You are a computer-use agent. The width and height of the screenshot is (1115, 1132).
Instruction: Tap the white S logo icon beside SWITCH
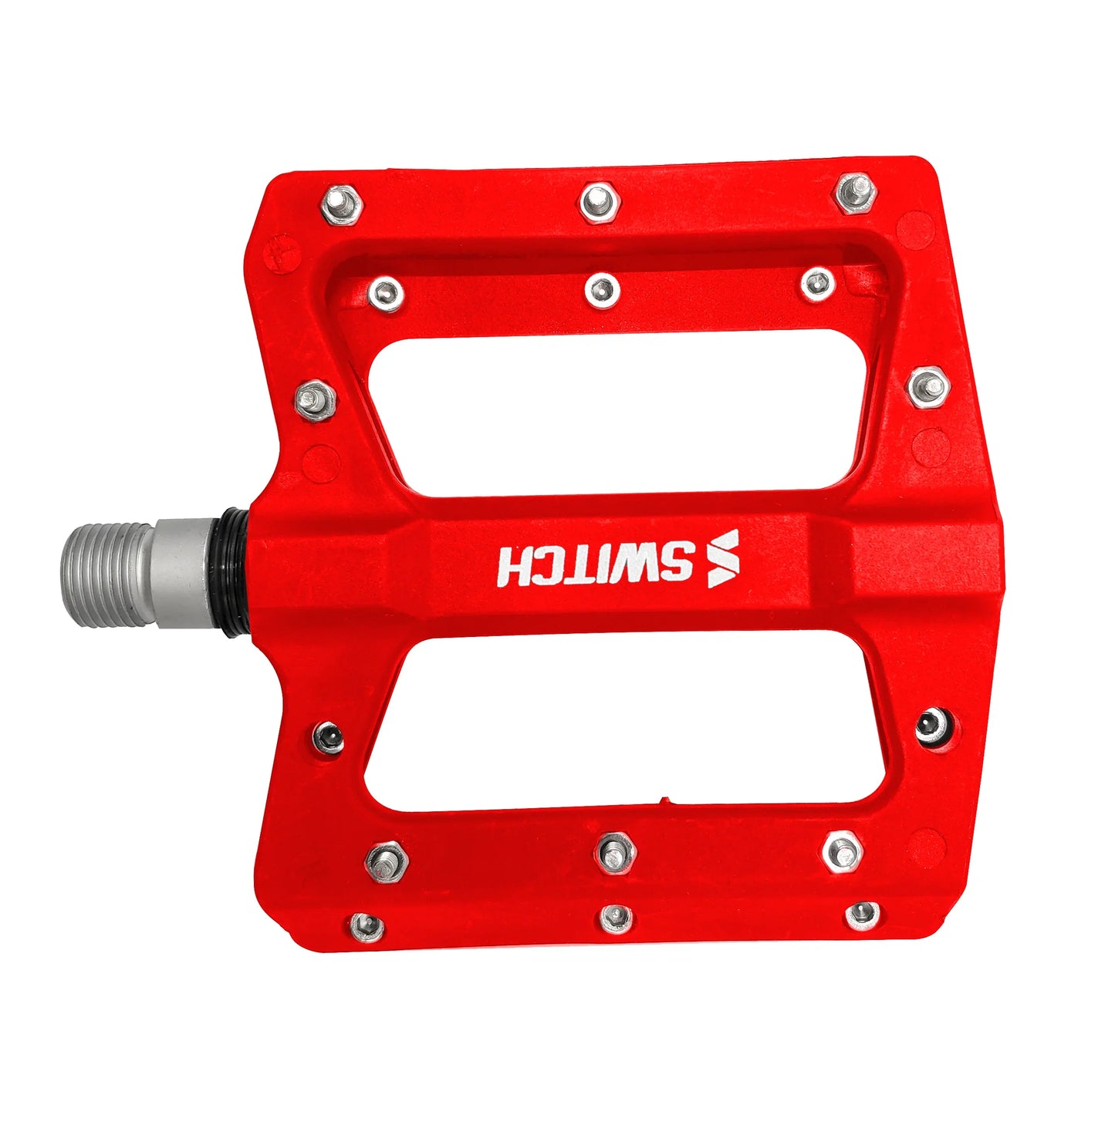click(723, 559)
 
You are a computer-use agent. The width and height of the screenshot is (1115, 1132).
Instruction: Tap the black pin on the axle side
click(329, 736)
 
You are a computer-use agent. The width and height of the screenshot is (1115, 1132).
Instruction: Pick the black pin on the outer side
click(933, 726)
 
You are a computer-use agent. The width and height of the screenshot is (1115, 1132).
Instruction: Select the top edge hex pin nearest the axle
click(341, 204)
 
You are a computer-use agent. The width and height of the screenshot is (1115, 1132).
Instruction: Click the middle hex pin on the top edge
click(598, 202)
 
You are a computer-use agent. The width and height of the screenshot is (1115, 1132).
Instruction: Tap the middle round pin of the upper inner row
click(602, 290)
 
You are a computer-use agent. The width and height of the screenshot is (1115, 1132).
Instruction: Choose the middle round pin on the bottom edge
click(616, 918)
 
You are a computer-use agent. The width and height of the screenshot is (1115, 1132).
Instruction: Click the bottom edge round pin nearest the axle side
click(367, 925)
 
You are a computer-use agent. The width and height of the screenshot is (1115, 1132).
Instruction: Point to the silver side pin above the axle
click(316, 400)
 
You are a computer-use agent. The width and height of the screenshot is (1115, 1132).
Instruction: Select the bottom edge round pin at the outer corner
click(862, 915)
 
